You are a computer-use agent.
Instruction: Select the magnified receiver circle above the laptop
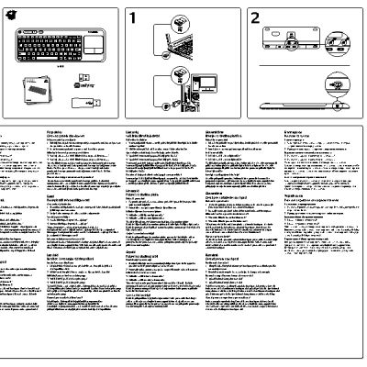coord(158,17)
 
